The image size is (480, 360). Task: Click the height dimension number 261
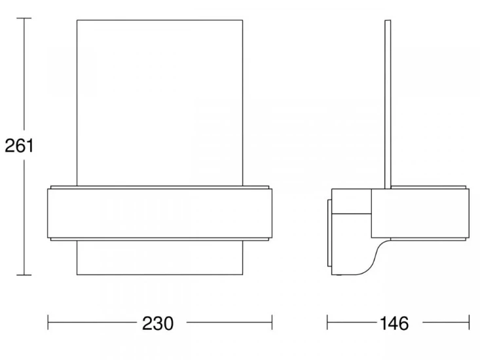19,145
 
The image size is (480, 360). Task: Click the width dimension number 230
158,323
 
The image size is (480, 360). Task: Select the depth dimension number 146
394,323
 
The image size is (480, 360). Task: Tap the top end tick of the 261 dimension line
24,18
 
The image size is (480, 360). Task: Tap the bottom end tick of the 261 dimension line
24,275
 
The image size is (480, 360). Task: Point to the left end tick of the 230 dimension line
48,323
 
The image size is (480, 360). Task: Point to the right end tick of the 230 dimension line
272,323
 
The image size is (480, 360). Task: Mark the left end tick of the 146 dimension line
327,323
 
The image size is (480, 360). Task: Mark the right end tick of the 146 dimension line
469,323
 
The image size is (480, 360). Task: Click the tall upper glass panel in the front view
160,103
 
